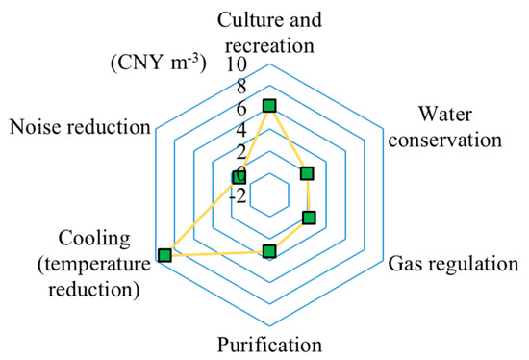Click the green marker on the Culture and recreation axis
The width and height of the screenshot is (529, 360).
(x=269, y=105)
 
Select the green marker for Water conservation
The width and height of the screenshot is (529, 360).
(x=308, y=173)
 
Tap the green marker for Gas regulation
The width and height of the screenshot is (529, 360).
(x=309, y=218)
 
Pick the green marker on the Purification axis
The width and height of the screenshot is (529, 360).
(x=269, y=252)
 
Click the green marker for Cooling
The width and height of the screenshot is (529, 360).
(x=164, y=254)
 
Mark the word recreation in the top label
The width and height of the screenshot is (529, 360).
(x=269, y=41)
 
